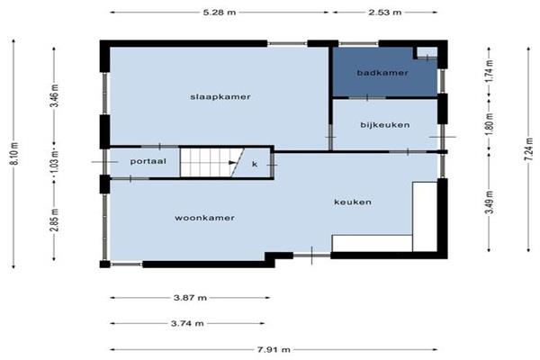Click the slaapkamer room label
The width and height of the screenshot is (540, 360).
tap(220, 97)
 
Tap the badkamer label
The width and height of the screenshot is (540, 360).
tap(382, 73)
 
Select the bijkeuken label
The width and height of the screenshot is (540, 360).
tap(385, 125)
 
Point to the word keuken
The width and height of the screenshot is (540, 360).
tap(353, 202)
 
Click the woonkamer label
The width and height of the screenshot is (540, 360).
tap(204, 218)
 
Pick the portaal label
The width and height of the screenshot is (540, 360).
tap(148, 161)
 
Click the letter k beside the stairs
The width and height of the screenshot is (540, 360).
tap(255, 164)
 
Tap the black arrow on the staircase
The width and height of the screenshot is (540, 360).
tap(233, 163)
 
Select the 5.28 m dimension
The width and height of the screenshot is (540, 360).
tap(220, 13)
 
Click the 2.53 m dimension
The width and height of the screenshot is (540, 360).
tap(384, 13)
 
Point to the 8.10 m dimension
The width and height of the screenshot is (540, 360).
tap(15, 153)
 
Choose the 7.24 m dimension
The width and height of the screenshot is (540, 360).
tap(530, 148)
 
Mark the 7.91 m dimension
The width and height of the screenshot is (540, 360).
tap(274, 350)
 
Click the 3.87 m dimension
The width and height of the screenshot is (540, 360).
tap(190, 298)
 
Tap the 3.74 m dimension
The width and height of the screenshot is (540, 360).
tap(187, 323)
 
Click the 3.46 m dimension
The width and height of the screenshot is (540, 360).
tap(55, 95)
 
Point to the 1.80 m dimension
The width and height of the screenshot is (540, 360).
tap(490, 125)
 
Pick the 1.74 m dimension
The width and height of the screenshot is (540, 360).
tap(490, 71)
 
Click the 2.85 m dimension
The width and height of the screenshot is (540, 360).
tap(55, 220)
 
